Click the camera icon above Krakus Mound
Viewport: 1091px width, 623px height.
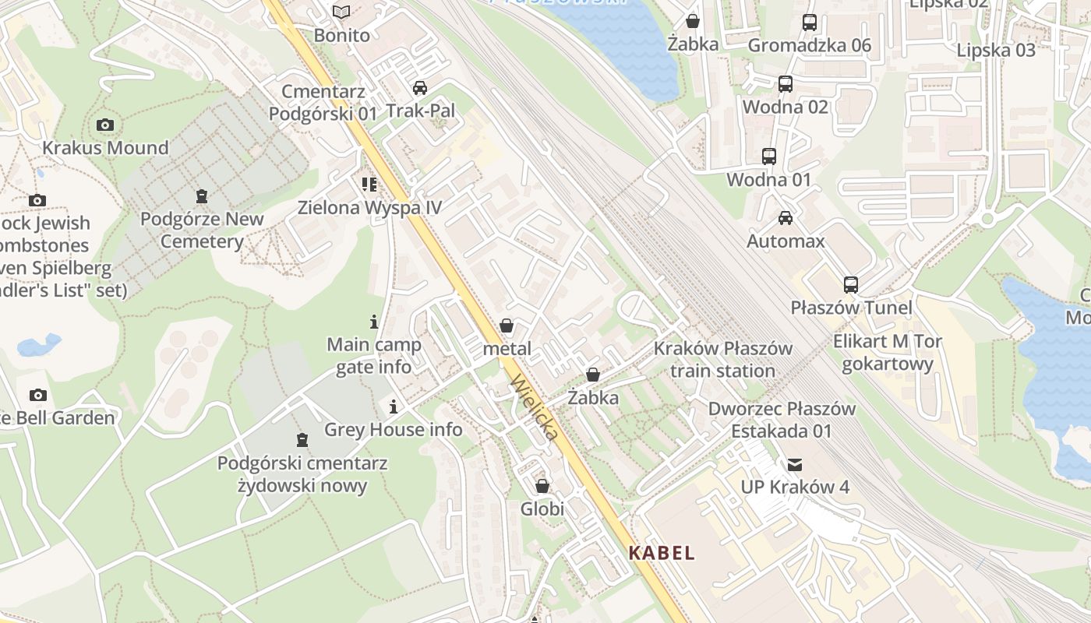(x=105, y=125)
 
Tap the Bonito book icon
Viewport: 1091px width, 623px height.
(x=341, y=12)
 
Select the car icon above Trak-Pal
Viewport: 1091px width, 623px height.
(x=420, y=87)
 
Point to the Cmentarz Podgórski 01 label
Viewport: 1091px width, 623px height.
(x=323, y=103)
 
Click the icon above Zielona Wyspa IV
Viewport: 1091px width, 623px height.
(x=369, y=185)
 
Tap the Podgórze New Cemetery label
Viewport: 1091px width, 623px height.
(x=202, y=230)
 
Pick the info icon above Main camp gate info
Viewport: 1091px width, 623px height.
(x=374, y=322)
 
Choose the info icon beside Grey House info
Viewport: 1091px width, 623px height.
(x=394, y=407)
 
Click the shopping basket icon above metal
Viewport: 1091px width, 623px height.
(x=507, y=326)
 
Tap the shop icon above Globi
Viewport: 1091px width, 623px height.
(x=542, y=486)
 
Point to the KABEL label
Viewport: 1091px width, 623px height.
(x=662, y=554)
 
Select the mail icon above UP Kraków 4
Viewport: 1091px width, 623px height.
(x=795, y=465)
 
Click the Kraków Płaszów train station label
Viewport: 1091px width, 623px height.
(x=722, y=360)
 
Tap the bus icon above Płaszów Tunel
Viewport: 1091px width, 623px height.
(x=850, y=285)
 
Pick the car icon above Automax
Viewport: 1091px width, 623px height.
(x=786, y=218)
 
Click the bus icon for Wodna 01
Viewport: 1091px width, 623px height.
(x=769, y=157)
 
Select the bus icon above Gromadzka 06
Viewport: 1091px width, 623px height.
(x=810, y=23)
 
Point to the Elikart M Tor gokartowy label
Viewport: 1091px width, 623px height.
(x=888, y=353)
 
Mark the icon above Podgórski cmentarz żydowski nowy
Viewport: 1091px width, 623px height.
(x=302, y=440)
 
